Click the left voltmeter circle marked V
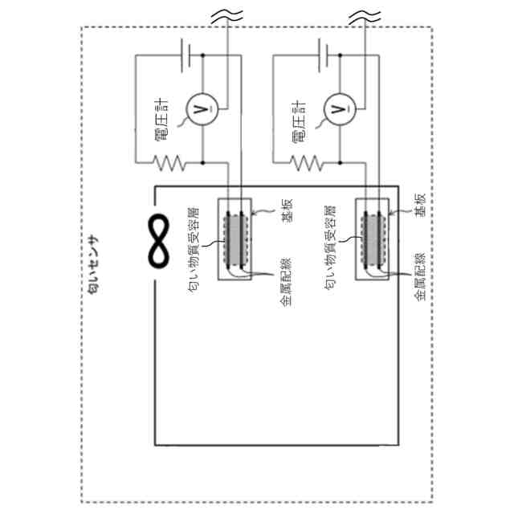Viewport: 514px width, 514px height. (201, 108)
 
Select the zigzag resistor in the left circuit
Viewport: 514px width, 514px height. (170, 163)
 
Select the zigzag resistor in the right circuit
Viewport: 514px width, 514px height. (308, 163)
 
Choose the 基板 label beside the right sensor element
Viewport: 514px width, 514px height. (418, 206)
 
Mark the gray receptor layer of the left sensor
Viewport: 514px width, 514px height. (235, 239)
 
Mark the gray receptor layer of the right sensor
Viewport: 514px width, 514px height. (372, 239)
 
